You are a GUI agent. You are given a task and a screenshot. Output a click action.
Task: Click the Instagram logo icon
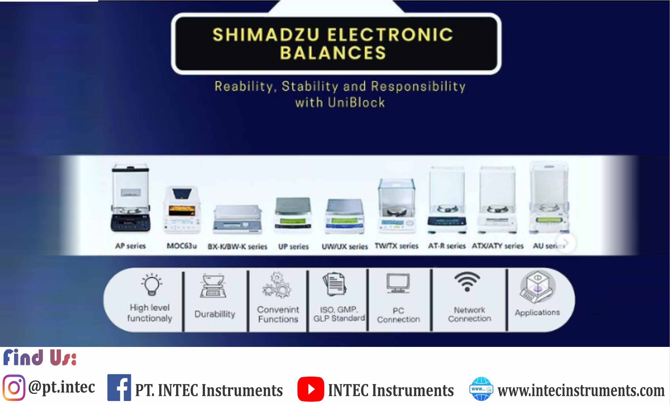point(14,387)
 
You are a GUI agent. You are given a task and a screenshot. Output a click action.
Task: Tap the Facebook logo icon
point(119,387)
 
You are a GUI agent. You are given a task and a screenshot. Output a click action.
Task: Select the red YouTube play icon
point(311,389)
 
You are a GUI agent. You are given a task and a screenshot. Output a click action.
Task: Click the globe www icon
point(481,389)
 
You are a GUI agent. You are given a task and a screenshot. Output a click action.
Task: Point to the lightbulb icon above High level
point(152,285)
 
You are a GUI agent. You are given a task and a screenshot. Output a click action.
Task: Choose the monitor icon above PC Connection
point(398,283)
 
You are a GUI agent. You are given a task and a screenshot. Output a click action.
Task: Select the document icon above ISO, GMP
point(334,284)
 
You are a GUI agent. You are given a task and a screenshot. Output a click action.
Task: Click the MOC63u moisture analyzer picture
point(182,209)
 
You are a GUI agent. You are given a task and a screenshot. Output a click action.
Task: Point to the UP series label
point(293,247)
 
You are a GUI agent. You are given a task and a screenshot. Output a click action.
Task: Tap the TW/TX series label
point(396,246)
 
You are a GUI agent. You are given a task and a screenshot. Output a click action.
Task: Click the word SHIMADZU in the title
point(266,35)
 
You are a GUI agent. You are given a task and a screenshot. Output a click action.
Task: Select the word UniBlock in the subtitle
point(356,102)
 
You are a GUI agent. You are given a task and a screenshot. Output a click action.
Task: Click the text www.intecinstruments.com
point(581,391)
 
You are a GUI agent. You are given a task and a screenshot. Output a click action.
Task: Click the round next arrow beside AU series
point(566,243)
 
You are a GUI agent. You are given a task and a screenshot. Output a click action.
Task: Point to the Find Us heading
point(40,358)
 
